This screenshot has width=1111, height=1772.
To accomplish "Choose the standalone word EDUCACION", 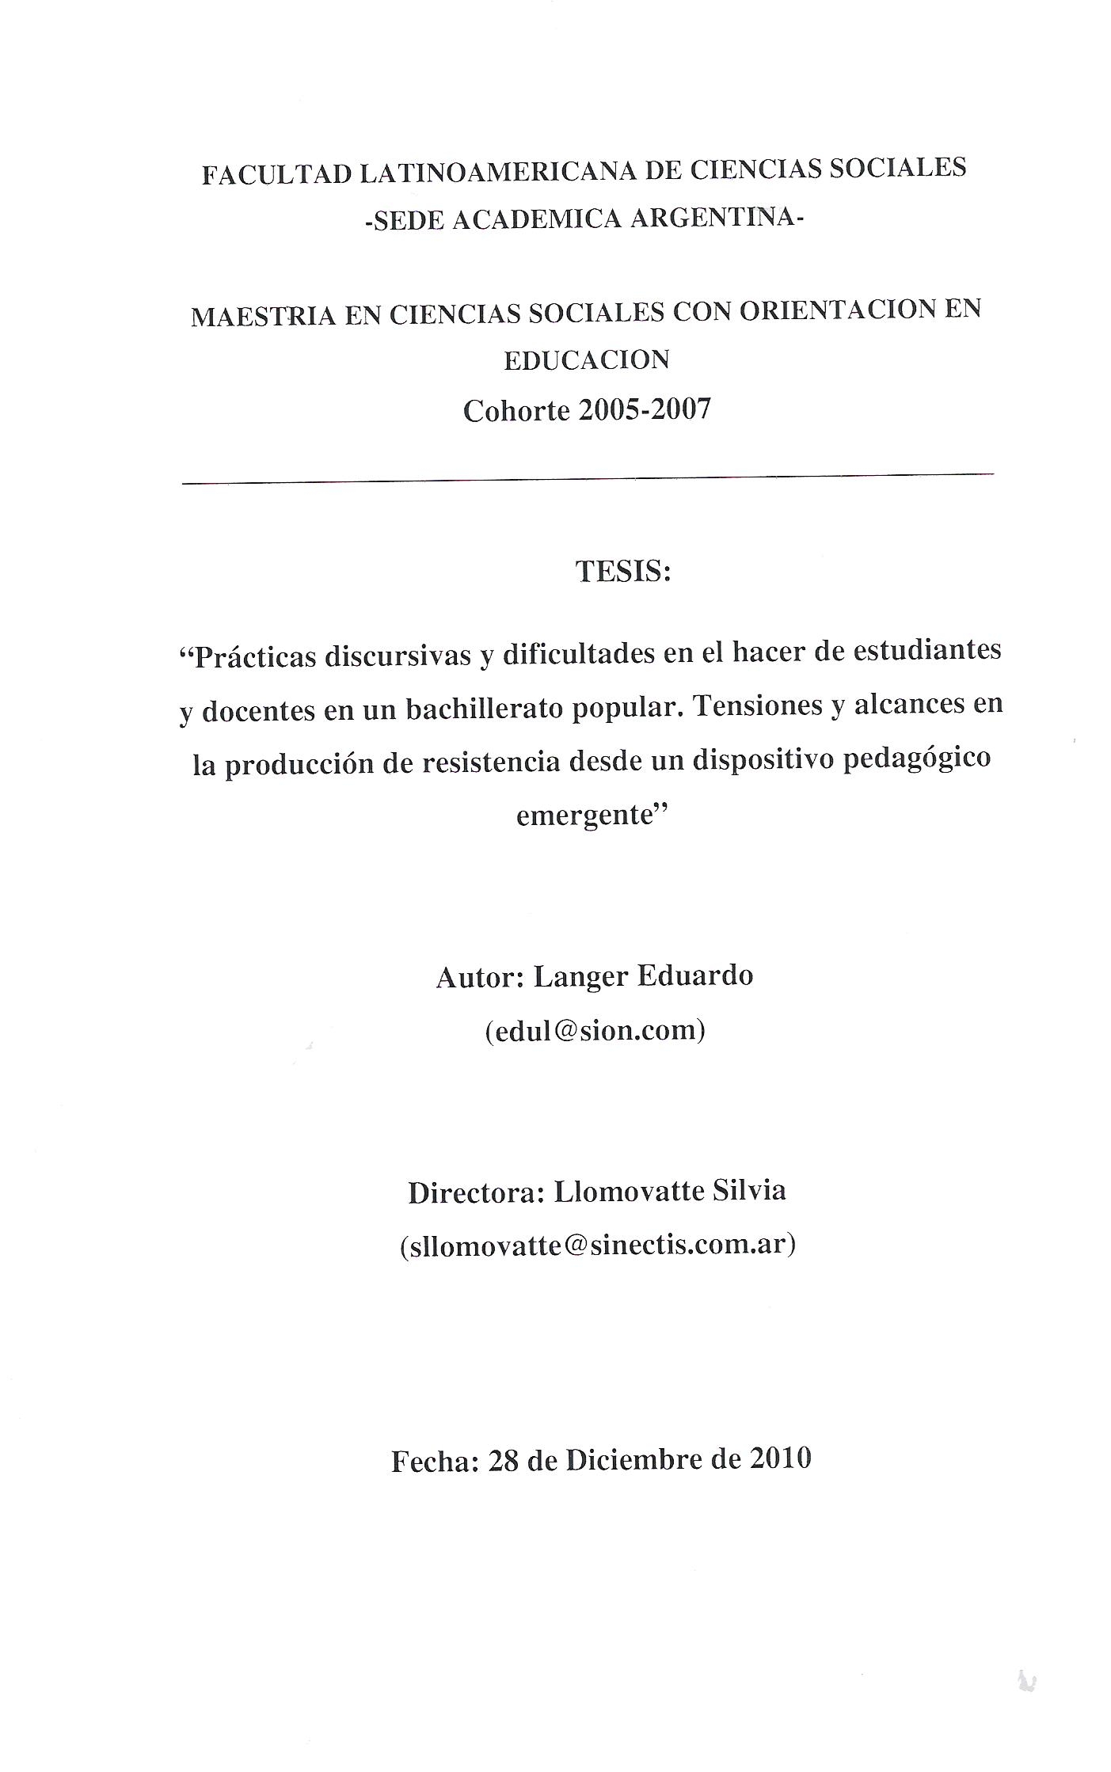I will click(x=587, y=360).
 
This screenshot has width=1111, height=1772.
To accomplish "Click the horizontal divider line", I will click(x=588, y=478).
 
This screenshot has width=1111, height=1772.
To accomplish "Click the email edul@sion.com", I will click(x=595, y=1030).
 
